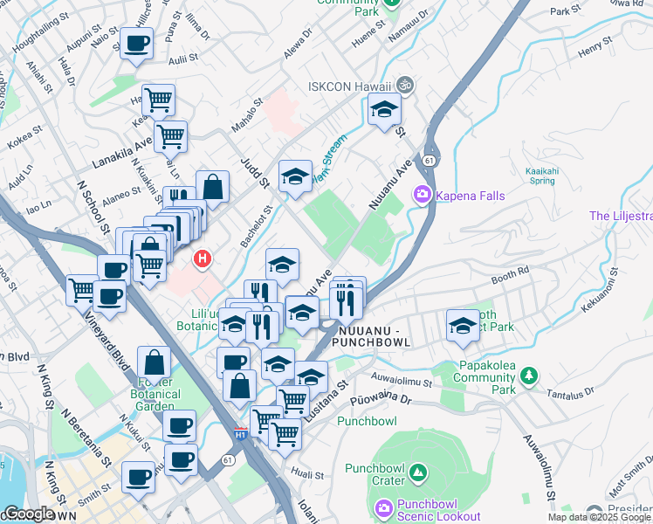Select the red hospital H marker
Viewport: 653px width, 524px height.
tap(203, 259)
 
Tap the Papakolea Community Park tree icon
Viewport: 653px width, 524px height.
tap(527, 376)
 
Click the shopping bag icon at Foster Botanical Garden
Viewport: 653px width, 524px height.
tap(154, 362)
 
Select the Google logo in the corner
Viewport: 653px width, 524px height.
tap(28, 514)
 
